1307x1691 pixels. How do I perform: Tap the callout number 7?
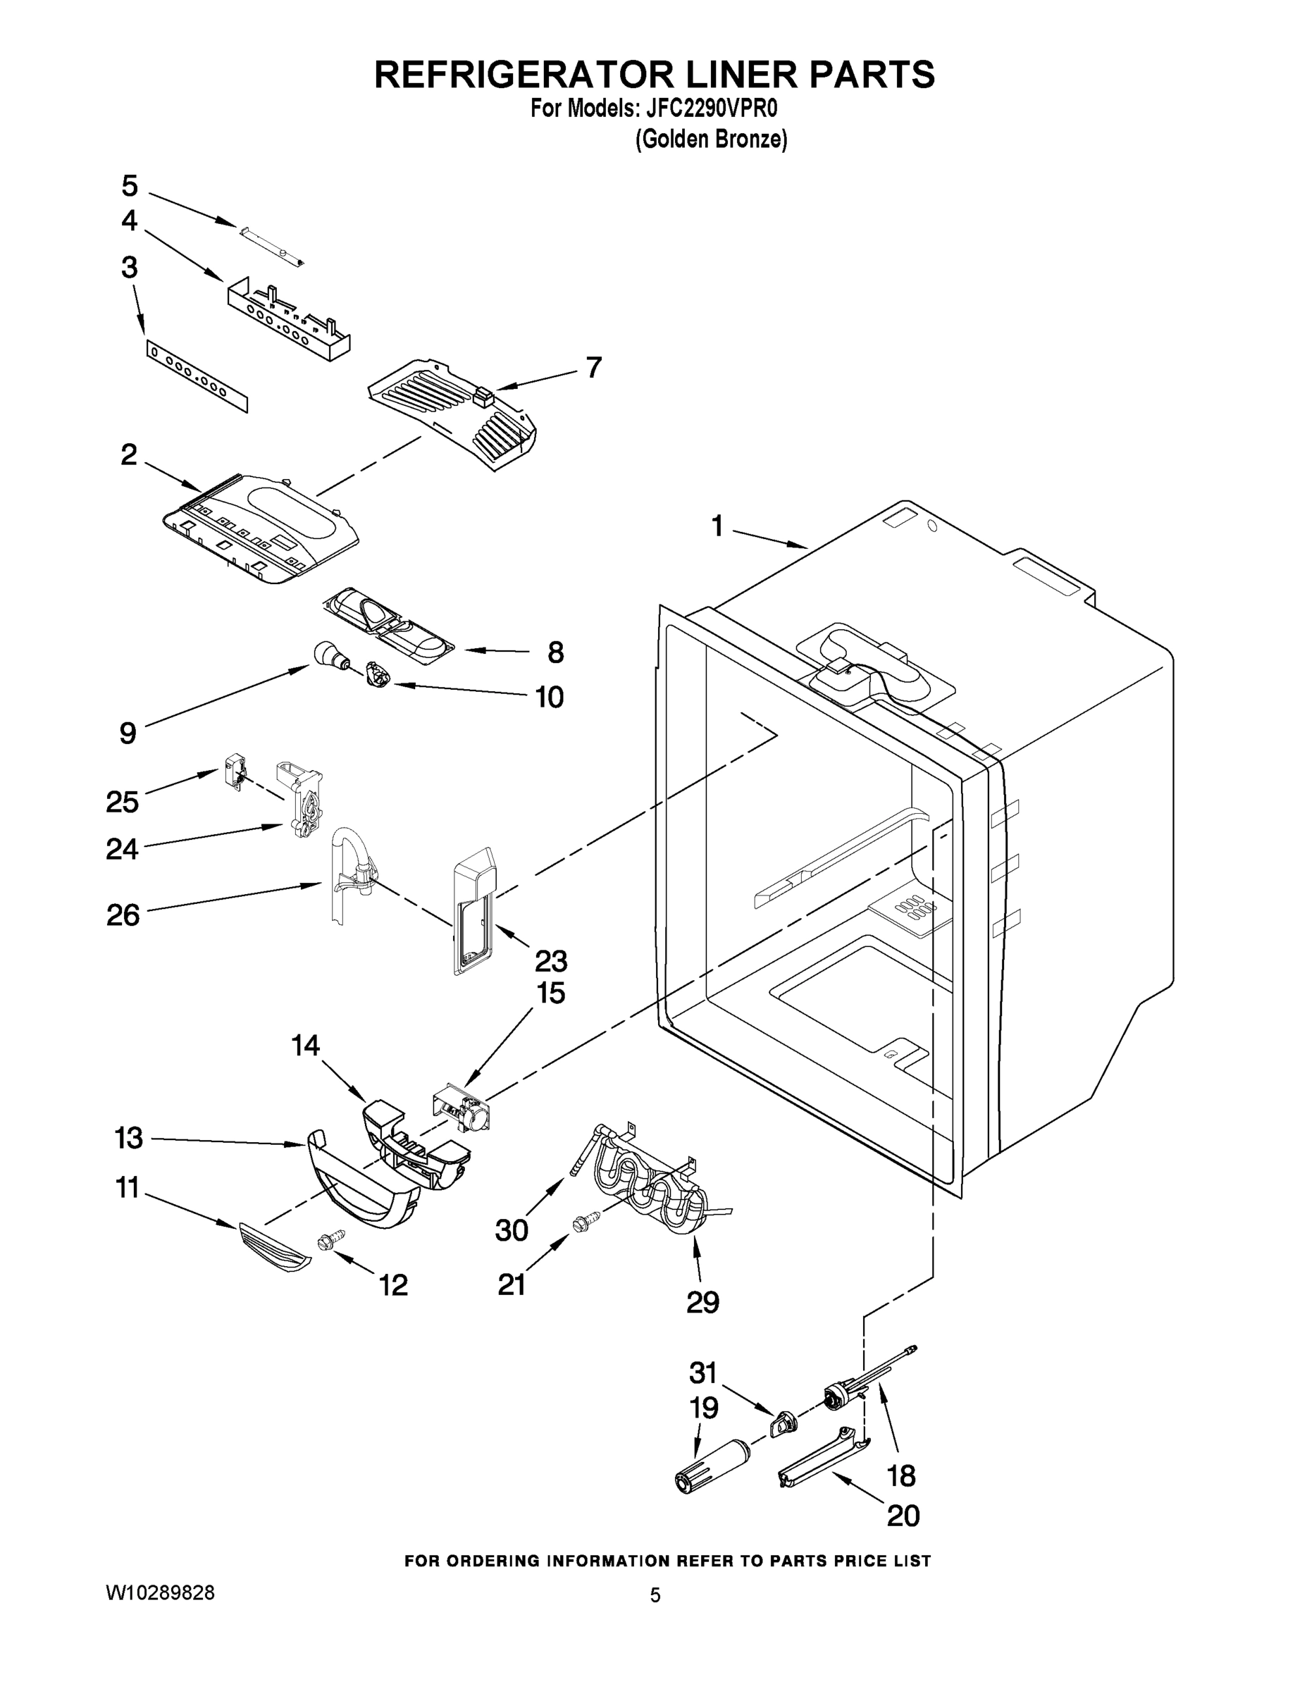pos(593,367)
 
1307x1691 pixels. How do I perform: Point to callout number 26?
pos(123,915)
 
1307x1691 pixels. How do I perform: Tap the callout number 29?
pos(702,1302)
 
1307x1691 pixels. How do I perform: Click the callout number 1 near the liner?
pos(717,526)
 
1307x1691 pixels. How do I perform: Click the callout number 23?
pos(550,961)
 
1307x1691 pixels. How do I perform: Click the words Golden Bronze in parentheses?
pos(711,140)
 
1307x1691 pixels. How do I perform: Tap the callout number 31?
pos(703,1373)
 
